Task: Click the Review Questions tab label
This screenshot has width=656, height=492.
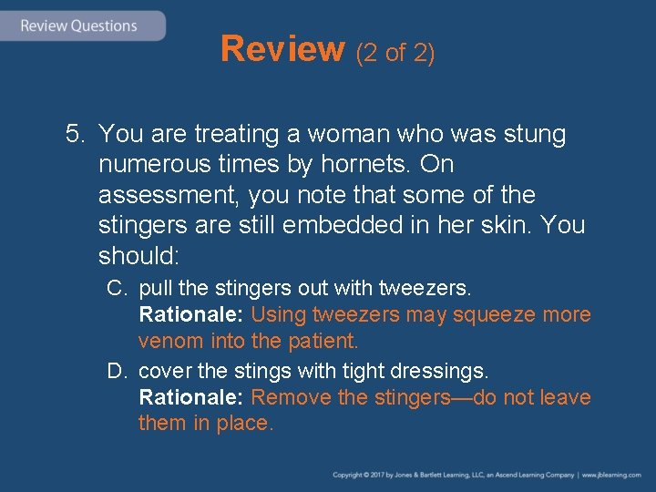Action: pos(78,26)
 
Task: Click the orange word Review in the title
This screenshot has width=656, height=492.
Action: pos(282,49)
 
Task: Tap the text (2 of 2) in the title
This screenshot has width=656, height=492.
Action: pos(396,53)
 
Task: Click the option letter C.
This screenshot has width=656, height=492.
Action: pos(116,289)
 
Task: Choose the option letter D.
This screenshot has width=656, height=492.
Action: pos(116,371)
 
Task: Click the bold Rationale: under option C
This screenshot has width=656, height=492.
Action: pos(191,315)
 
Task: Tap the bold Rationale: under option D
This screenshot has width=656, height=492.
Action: pos(191,397)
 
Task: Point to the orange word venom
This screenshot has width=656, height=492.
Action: pos(171,342)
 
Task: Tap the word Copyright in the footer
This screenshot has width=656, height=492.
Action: pos(348,476)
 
